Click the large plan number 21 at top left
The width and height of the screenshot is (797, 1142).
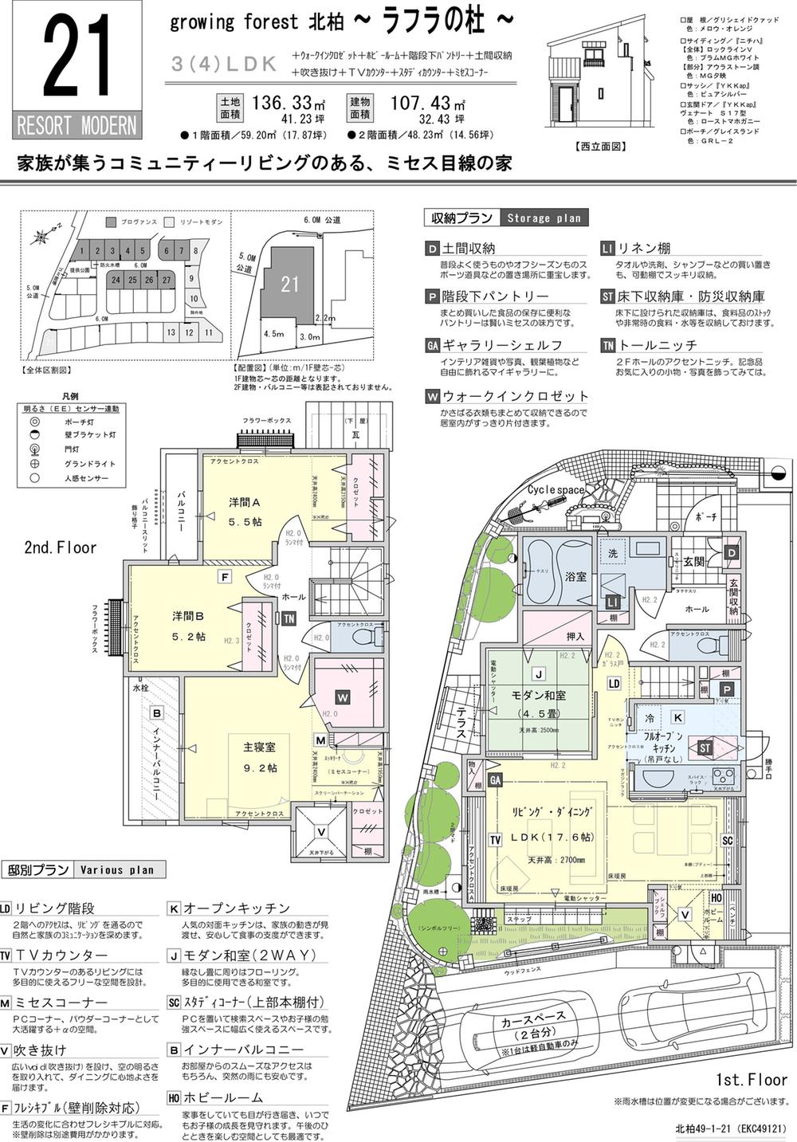(77, 61)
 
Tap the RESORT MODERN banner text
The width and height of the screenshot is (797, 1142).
(77, 126)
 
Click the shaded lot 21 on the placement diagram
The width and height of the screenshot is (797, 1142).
(289, 284)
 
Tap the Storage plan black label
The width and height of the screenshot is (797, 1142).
(544, 218)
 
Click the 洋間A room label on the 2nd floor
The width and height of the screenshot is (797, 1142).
(245, 502)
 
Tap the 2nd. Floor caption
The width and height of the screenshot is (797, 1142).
(61, 547)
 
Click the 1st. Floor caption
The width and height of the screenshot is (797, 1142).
(752, 1080)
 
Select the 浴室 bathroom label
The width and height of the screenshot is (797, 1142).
(575, 574)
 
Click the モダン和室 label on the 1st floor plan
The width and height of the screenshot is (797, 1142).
(539, 695)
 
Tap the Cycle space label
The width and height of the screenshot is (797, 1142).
(556, 489)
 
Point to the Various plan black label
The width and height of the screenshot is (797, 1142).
(117, 869)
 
